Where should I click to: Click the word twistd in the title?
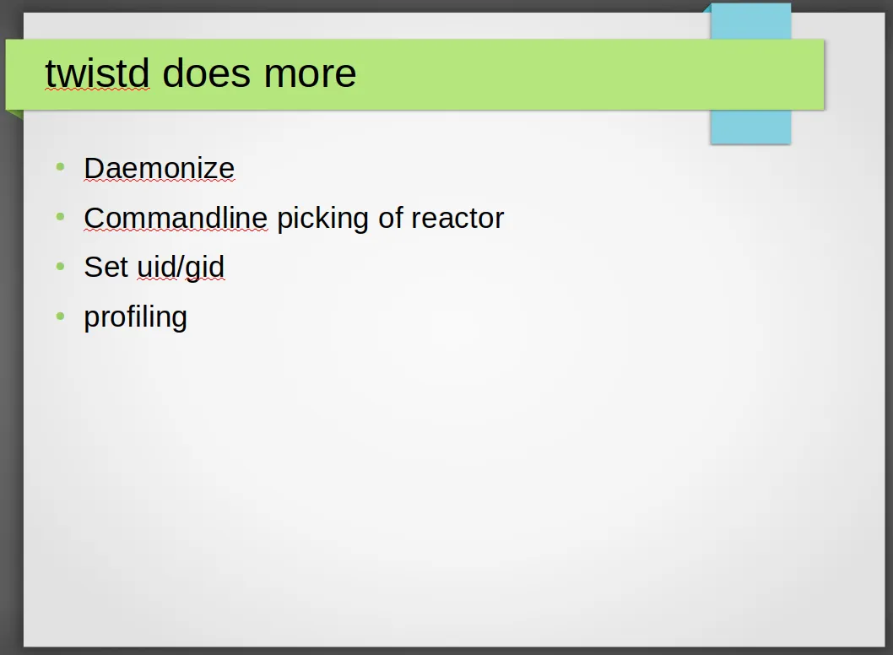[97, 73]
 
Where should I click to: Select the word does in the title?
[206, 73]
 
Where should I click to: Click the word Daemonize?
[160, 168]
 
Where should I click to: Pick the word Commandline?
[176, 218]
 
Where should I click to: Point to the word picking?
[323, 219]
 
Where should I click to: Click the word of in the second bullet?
[391, 218]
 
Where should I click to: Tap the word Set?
[106, 267]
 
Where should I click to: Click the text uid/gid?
[181, 268]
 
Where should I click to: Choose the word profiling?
[136, 317]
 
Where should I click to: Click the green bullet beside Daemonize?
[61, 167]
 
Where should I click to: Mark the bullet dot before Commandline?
[61, 216]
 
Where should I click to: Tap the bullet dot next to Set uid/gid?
[61, 266]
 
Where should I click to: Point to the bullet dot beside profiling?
[61, 316]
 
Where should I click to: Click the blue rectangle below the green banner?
[750, 127]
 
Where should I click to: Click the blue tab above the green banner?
[750, 21]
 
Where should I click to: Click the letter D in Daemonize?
[94, 168]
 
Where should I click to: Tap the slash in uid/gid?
[180, 267]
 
